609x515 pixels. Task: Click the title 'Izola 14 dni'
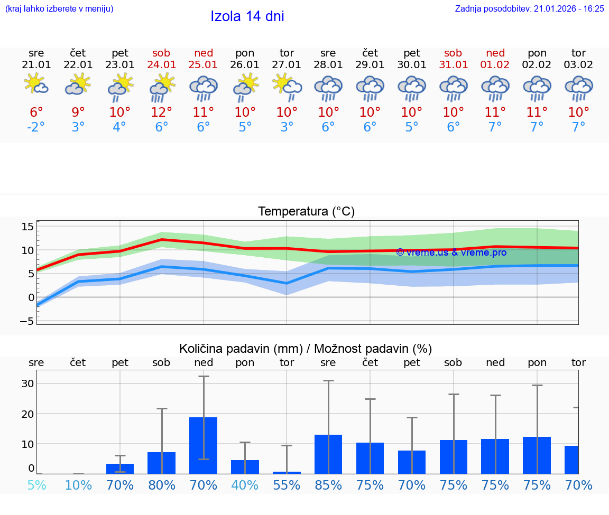point(247,16)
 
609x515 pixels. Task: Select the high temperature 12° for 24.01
point(161,112)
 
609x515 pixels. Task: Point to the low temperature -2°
point(36,127)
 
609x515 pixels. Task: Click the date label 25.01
point(204,64)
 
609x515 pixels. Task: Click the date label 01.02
point(495,64)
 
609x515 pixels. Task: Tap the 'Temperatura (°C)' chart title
point(306,212)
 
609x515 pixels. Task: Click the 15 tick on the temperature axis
point(27,227)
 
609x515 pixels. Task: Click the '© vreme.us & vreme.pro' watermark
point(451,252)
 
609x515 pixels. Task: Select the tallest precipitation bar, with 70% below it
point(204,445)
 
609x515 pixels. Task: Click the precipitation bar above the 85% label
point(328,454)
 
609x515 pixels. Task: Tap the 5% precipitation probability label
point(36,485)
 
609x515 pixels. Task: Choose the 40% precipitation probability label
point(245,485)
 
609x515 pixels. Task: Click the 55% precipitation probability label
point(287,485)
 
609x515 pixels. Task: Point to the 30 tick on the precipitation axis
point(27,383)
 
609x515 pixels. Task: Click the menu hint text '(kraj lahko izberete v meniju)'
point(59,8)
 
